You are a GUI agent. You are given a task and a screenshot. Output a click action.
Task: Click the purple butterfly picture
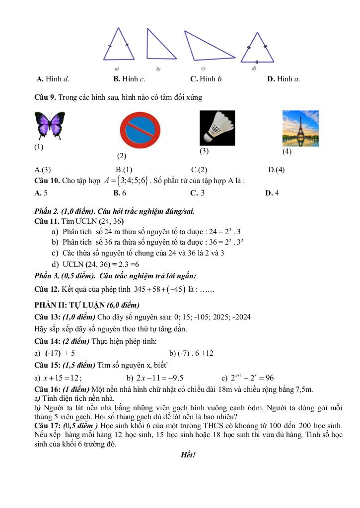(x=50, y=125)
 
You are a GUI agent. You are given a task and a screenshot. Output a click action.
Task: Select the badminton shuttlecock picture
(x=217, y=127)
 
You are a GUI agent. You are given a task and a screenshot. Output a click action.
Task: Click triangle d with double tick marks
(x=257, y=50)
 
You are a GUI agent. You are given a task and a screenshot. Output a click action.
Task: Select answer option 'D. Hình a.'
(x=283, y=78)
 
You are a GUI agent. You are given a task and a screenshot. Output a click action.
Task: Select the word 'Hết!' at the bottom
(x=188, y=454)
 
